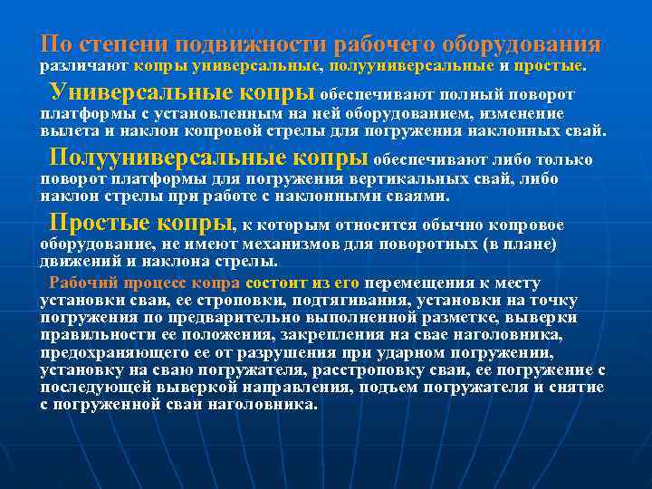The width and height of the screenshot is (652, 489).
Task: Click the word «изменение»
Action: pos(516,113)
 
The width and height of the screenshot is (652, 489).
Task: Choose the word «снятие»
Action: pos(578,388)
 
